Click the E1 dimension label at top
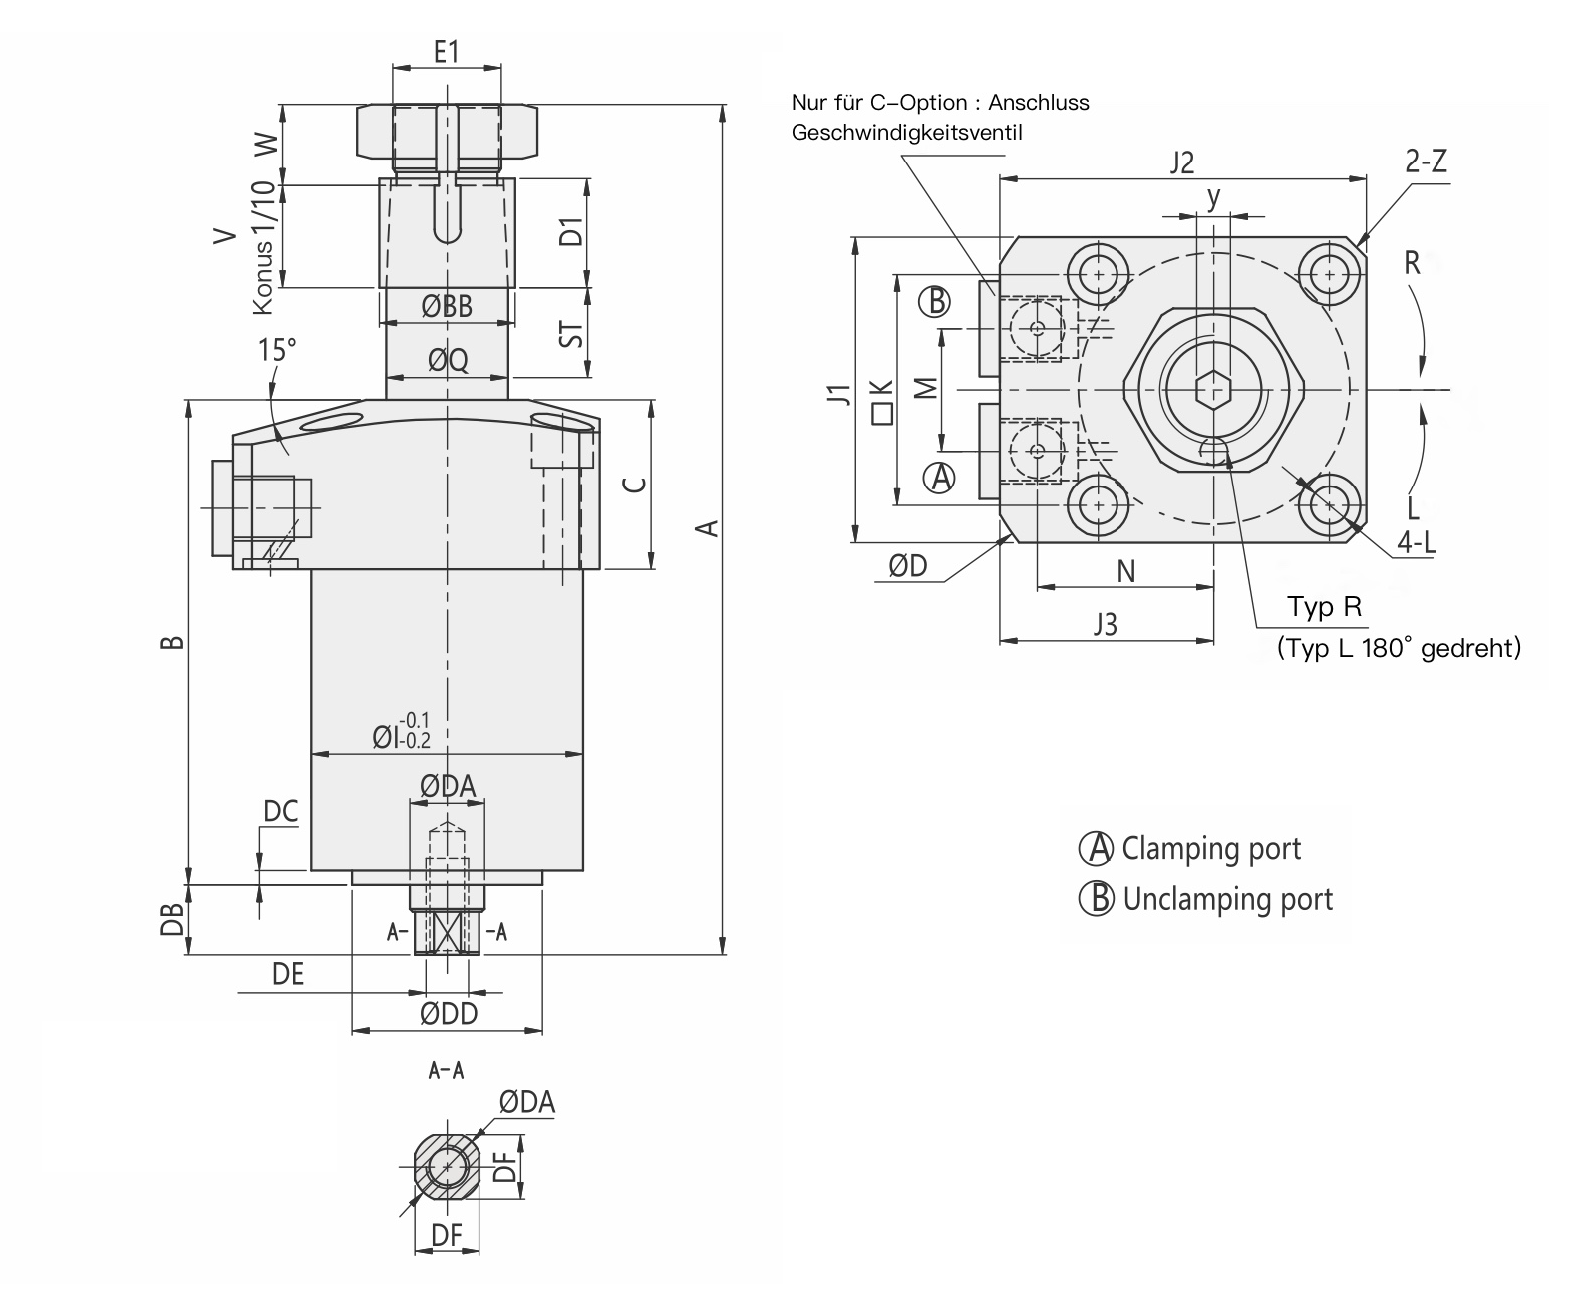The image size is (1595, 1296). [x=446, y=51]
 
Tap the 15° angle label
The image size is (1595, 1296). [x=277, y=350]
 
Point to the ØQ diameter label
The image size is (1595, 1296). [x=448, y=360]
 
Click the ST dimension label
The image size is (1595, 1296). [x=570, y=332]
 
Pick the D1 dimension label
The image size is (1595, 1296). [x=570, y=233]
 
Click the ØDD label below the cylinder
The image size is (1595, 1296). [x=448, y=1014]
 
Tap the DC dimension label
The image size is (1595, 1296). [x=280, y=811]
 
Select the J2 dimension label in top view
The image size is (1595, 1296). [x=1181, y=162]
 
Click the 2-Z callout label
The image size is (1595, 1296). [x=1426, y=162]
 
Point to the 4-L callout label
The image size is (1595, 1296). [x=1416, y=542]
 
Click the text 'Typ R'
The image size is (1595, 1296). [x=1324, y=606]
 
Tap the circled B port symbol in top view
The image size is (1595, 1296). [x=934, y=300]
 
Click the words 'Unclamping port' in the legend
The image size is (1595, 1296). [x=1227, y=899]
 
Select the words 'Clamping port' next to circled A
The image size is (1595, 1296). [x=1211, y=849]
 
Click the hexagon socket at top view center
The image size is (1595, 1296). [x=1213, y=388]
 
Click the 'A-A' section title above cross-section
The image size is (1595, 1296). [x=446, y=1071]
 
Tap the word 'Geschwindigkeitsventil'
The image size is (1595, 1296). [x=906, y=132]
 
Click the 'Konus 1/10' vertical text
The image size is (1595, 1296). [x=262, y=248]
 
